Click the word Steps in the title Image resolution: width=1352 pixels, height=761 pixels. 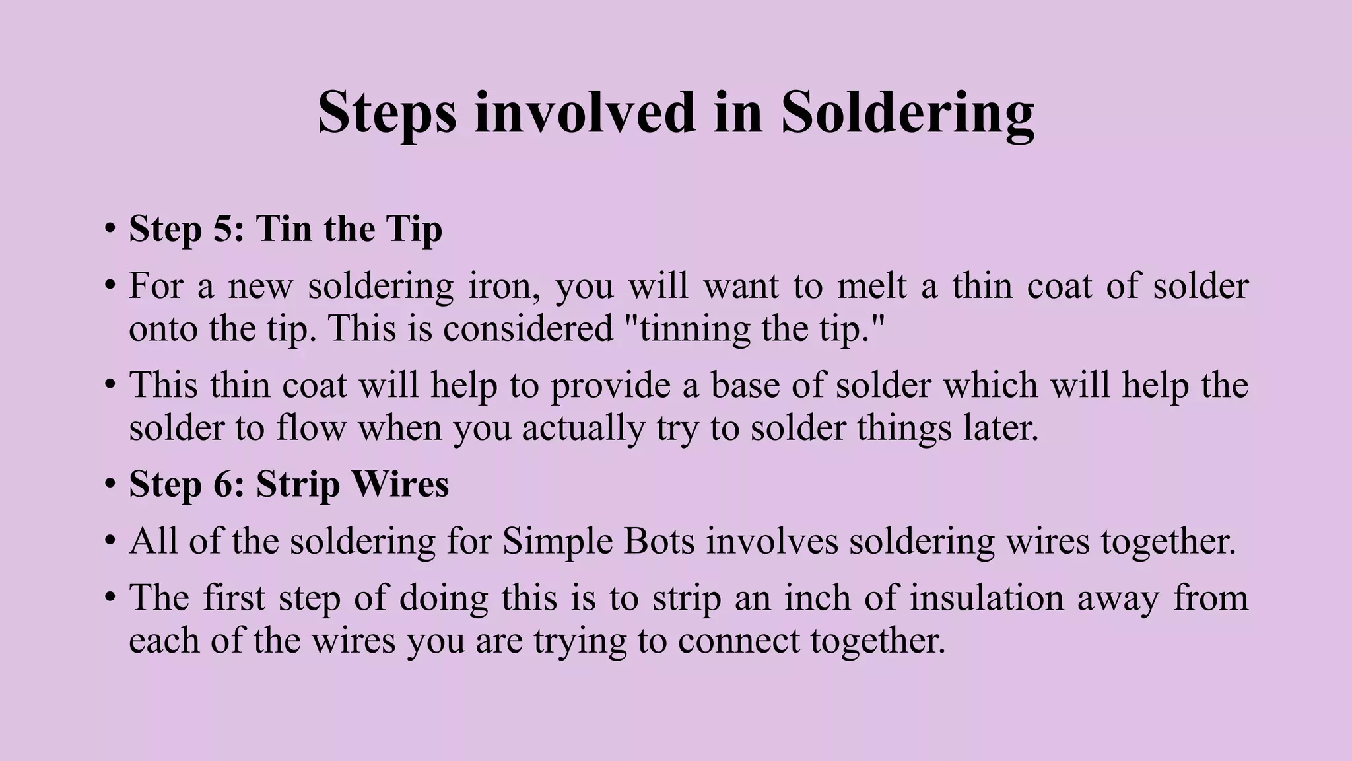[387, 114]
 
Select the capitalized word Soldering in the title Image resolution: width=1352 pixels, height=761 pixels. [907, 114]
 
